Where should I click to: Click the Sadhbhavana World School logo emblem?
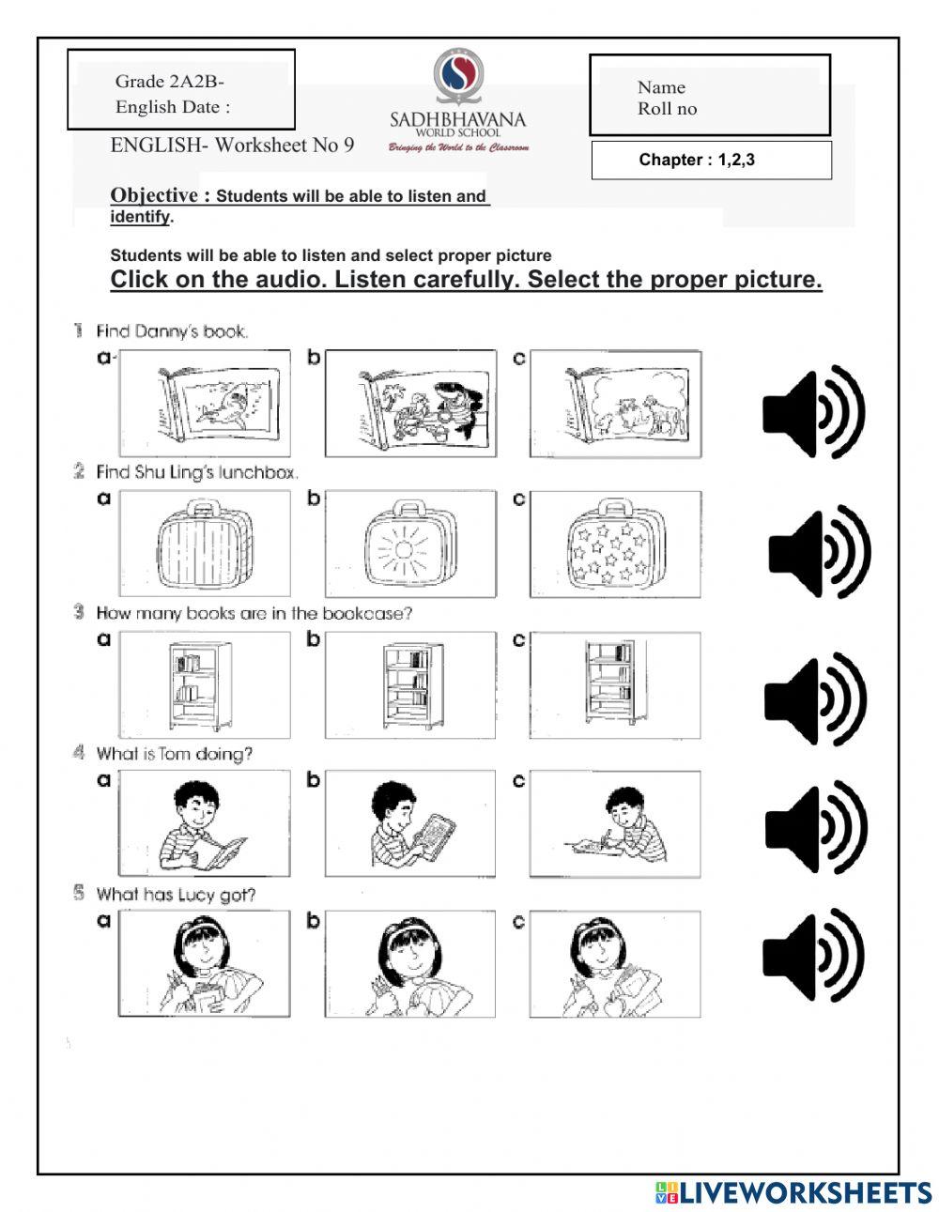457,80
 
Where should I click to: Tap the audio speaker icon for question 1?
813,412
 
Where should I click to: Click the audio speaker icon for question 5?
813,956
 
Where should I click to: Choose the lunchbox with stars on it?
614,545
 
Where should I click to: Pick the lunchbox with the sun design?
410,545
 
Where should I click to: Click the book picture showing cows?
614,404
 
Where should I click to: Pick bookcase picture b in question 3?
410,685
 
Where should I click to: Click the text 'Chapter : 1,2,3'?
697,160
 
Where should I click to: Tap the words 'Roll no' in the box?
667,109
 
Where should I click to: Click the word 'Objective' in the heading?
154,195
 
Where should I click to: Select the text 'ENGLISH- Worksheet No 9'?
232,145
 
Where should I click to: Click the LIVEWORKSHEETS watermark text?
805,1192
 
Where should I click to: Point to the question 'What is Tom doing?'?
174,754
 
